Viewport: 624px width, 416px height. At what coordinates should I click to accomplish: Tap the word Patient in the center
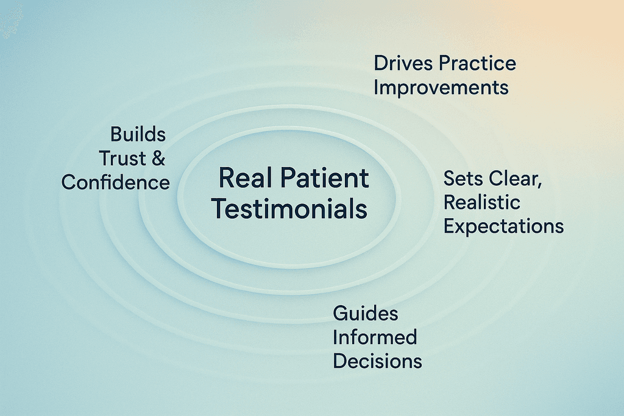[x=325, y=178]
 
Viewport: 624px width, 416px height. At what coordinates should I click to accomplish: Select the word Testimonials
[x=289, y=209]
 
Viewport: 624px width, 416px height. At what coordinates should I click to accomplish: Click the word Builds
[x=138, y=135]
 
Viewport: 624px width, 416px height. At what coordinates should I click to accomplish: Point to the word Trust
[x=122, y=158]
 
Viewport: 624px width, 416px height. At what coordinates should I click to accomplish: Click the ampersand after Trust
[x=158, y=158]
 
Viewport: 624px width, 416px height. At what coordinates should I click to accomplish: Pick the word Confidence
[x=115, y=183]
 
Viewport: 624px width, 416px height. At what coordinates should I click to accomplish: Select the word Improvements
[x=441, y=88]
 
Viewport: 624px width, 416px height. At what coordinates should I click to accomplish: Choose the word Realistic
[x=482, y=202]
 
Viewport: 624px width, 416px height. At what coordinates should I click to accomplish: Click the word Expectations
[x=504, y=227]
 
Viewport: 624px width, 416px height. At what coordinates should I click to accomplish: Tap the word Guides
[x=366, y=314]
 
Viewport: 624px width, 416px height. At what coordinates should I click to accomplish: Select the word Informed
[x=375, y=337]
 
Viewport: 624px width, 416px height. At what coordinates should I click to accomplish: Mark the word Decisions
[x=377, y=362]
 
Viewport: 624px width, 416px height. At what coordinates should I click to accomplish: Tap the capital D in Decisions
[x=340, y=362]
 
